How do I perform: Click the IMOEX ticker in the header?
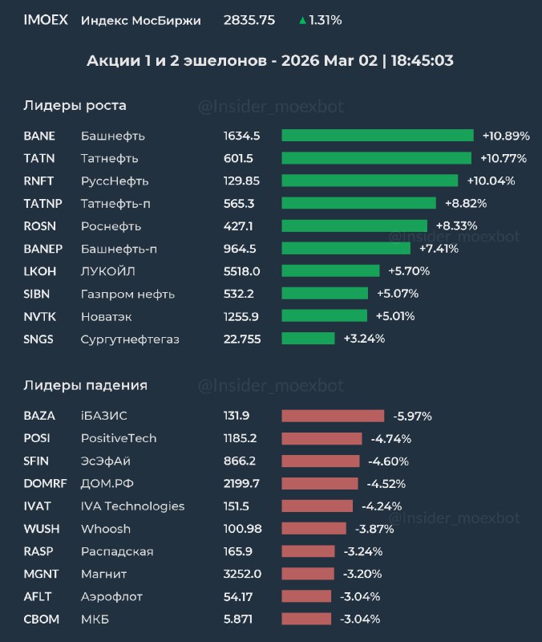tap(46, 20)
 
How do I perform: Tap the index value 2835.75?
tap(249, 20)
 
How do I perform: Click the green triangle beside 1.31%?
tap(302, 21)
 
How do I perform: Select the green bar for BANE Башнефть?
tap(377, 136)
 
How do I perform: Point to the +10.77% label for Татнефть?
tap(504, 158)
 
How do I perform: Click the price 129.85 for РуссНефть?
tap(242, 181)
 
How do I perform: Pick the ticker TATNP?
tap(42, 204)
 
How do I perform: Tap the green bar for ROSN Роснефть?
tap(354, 226)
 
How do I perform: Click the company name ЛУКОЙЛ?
tap(109, 271)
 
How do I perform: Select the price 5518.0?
tap(242, 271)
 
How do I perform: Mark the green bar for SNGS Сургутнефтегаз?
tap(308, 339)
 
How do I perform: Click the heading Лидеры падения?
tap(85, 385)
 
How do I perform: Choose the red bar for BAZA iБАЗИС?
tap(333, 416)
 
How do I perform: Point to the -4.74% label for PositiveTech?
tap(391, 438)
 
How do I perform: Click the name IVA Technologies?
tap(132, 506)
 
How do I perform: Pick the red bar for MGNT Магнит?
tap(306, 574)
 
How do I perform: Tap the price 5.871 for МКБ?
tap(239, 619)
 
